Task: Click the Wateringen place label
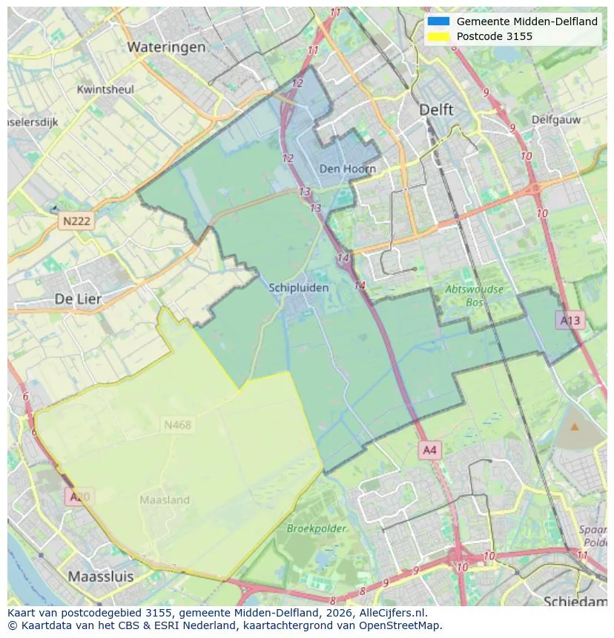166,47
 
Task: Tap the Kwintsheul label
105,90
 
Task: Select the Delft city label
436,110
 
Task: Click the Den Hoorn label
347,169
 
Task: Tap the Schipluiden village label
299,288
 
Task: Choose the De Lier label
78,299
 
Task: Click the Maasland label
165,500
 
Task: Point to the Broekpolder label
317,528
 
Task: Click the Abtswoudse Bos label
474,296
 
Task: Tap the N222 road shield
76,222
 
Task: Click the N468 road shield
177,425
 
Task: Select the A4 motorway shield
429,450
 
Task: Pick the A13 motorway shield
570,320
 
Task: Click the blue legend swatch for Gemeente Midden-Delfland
438,21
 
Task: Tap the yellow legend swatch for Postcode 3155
438,36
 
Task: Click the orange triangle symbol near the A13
575,427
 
